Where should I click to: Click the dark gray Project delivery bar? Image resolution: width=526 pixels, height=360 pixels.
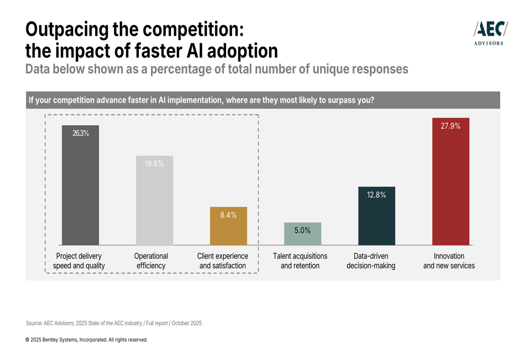[x=80, y=189]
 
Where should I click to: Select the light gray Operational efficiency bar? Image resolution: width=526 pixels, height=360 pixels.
[x=154, y=205]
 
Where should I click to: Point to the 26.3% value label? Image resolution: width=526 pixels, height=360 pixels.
[x=80, y=133]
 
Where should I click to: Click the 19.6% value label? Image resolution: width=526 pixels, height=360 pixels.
[x=154, y=164]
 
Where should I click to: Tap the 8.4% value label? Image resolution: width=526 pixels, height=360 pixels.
[x=228, y=215]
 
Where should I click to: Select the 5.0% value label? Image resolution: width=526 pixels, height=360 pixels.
[x=302, y=230]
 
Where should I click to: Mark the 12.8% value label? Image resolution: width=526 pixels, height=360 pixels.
[x=377, y=195]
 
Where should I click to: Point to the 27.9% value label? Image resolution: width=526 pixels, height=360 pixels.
[x=451, y=126]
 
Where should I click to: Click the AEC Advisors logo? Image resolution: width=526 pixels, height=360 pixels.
[x=490, y=33]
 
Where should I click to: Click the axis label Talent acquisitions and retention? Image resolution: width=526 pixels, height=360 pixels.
[x=300, y=261]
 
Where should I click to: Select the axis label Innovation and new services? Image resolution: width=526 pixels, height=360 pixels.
[x=449, y=261]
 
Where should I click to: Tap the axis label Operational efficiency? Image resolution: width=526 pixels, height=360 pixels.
[x=151, y=261]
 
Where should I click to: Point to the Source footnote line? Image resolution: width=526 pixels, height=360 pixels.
[x=114, y=323]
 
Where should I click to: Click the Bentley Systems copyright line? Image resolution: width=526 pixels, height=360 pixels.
[x=86, y=340]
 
